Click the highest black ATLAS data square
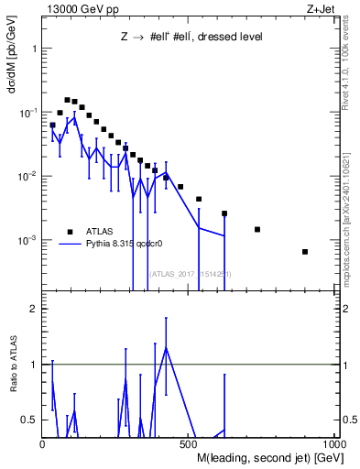(x=67, y=100)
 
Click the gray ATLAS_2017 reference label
(x=190, y=274)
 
